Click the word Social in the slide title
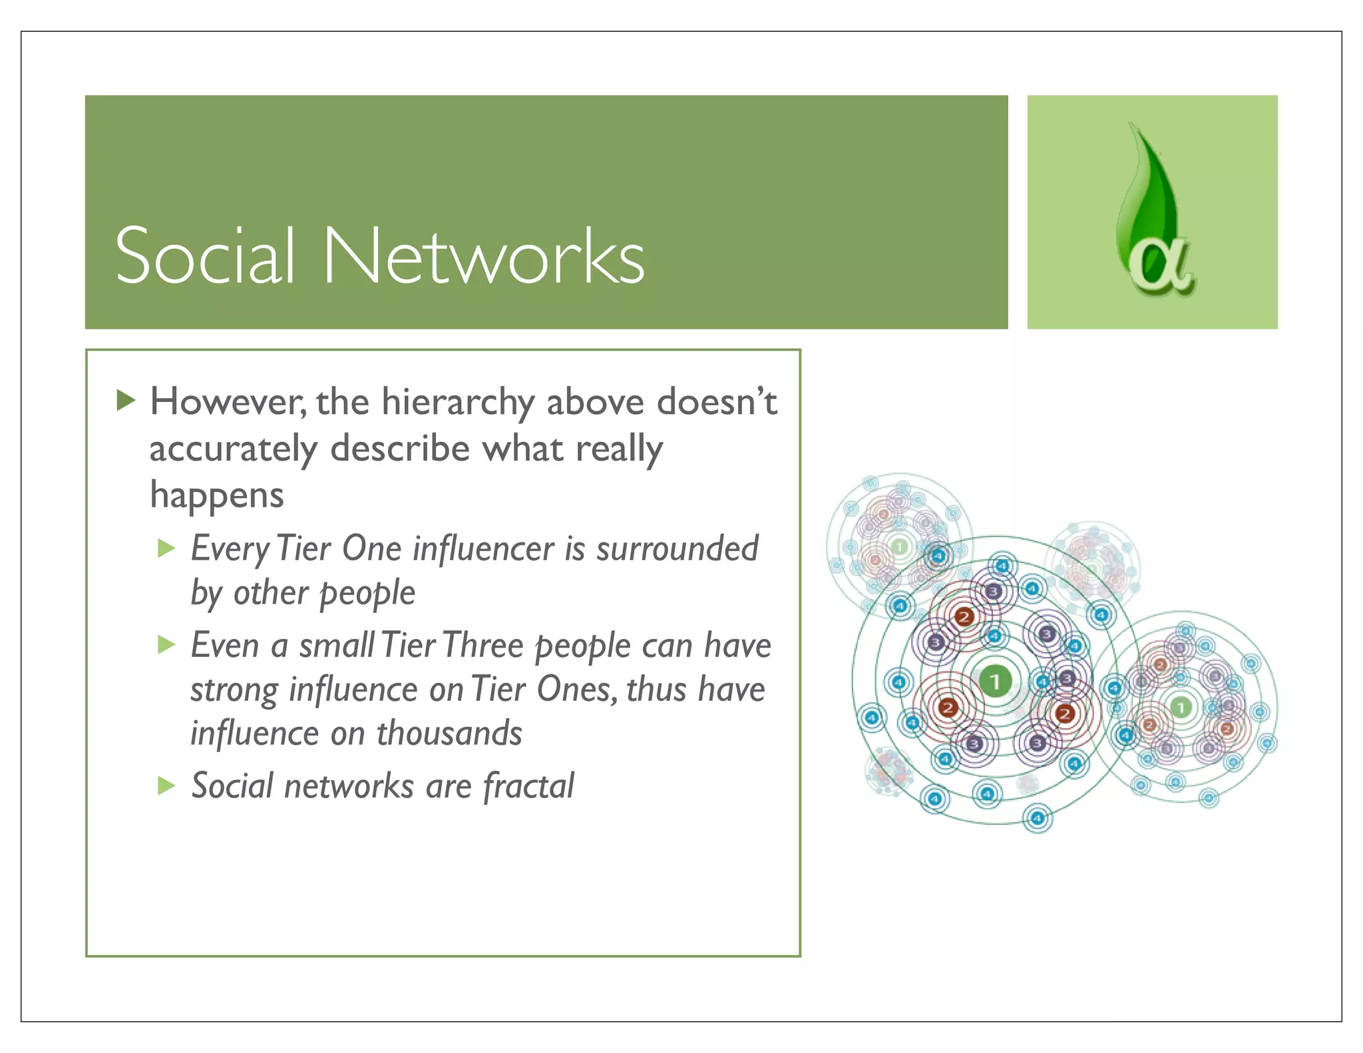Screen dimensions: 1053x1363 204,256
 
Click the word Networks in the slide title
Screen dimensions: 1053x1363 484,256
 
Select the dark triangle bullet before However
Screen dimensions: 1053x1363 125,401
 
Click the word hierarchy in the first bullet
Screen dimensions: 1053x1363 457,402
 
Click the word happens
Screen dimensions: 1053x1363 217,495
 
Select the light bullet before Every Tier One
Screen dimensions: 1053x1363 166,548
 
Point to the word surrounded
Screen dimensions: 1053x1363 677,548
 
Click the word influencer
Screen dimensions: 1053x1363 483,548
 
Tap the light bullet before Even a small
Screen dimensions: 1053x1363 166,644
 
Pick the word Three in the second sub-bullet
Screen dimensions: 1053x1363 483,645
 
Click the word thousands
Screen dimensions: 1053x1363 449,734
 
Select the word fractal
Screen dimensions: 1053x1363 528,786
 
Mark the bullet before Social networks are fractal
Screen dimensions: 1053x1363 166,786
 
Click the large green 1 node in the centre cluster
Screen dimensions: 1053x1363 995,681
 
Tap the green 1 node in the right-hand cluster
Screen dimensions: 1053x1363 1181,707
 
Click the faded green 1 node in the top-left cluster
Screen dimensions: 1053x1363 899,547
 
